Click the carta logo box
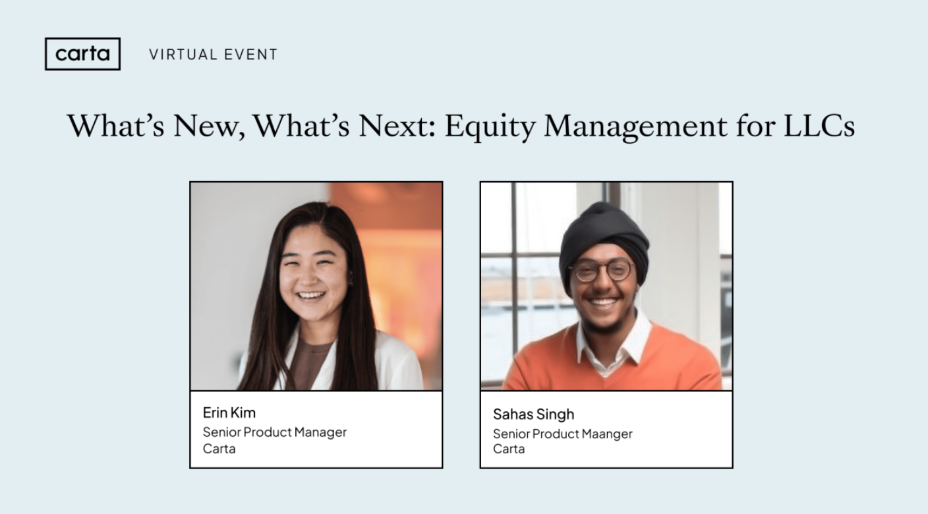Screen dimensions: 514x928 [82, 54]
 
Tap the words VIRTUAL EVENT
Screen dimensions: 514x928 [213, 55]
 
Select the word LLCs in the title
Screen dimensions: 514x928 [819, 126]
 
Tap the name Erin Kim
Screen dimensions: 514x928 [229, 413]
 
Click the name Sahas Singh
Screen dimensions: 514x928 [533, 414]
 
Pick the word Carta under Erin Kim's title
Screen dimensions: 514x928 [219, 449]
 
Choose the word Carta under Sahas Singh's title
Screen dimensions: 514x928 [509, 449]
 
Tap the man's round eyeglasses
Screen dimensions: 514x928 [601, 270]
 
